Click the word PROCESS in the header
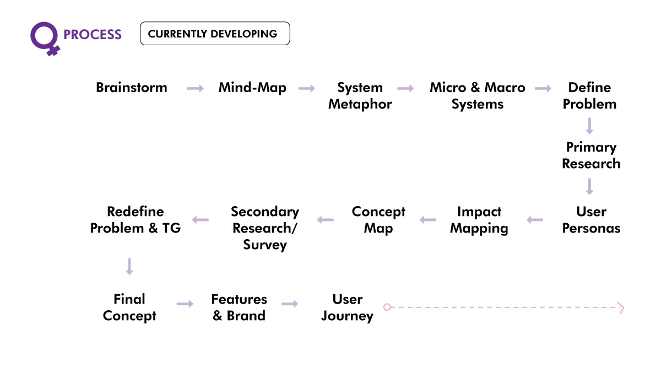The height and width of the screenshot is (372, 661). tap(93, 35)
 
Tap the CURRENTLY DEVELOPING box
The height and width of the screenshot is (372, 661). tap(215, 34)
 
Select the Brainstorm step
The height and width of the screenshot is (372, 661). tap(132, 88)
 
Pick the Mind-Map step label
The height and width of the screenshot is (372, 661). tap(252, 88)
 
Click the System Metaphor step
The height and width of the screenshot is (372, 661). tap(360, 96)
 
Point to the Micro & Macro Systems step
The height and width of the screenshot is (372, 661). tap(478, 96)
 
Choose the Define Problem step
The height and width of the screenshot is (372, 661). tap(589, 96)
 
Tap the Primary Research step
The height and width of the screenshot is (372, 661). tap(591, 155)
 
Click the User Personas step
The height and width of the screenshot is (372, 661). tap(591, 220)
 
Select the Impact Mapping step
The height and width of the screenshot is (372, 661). tap(479, 220)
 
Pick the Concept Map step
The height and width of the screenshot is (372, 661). tap(378, 220)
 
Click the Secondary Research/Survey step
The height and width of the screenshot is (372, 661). tap(265, 228)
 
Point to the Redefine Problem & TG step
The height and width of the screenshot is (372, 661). tap(136, 220)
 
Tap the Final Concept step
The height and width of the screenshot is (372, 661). tap(129, 308)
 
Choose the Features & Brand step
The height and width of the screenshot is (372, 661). tap(239, 308)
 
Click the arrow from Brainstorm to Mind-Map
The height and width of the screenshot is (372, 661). tap(196, 88)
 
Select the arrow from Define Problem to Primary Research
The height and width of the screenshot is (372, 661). tap(589, 126)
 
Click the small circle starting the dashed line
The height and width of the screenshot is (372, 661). tap(387, 307)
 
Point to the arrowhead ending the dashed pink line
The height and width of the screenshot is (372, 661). tap(621, 308)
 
